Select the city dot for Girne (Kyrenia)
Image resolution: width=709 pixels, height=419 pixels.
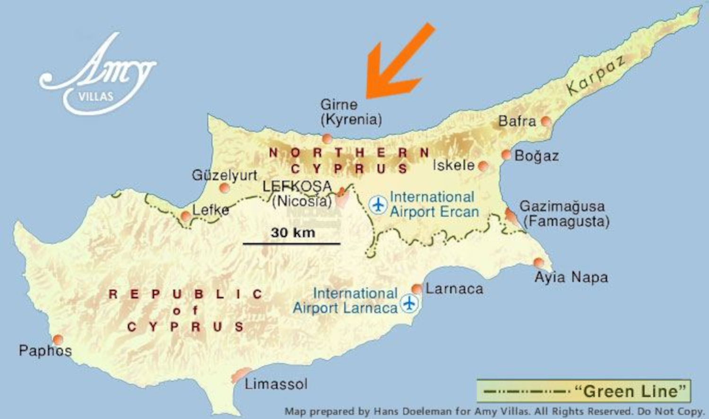click(327, 139)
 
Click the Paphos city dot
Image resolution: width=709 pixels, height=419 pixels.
click(58, 340)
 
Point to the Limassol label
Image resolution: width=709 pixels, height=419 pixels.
click(276, 384)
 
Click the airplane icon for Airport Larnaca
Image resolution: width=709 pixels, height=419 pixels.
click(409, 303)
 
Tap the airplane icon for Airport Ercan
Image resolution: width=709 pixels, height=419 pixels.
click(378, 205)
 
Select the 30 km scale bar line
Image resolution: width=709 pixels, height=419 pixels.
click(291, 244)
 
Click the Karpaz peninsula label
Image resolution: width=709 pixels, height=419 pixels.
click(596, 75)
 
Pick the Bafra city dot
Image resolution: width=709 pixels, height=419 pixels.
click(546, 121)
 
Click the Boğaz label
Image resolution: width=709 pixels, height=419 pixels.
click(536, 156)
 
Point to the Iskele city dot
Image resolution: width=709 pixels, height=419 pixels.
click(483, 166)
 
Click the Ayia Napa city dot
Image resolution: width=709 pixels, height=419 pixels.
click(538, 262)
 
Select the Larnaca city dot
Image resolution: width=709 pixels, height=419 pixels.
click(416, 289)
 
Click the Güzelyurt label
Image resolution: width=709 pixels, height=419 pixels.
click(225, 175)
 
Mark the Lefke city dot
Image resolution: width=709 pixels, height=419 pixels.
click(186, 217)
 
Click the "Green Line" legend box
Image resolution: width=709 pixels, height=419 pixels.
click(584, 391)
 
